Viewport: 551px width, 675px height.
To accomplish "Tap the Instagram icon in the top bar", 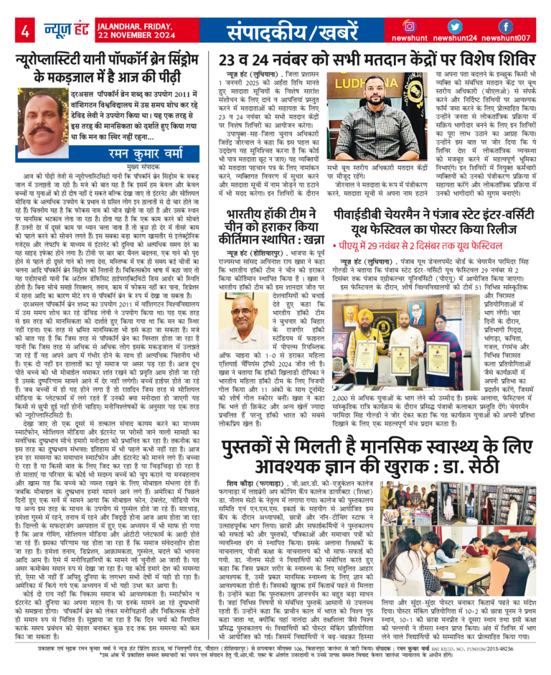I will (409, 26).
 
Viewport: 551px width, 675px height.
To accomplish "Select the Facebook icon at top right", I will (505, 26).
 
